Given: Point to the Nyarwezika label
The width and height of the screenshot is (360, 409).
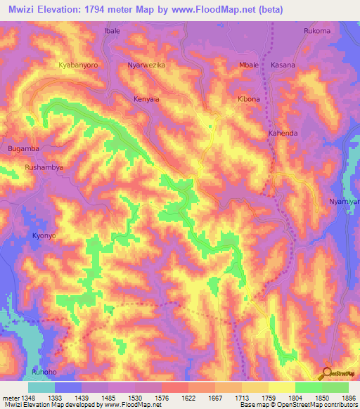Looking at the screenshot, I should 146,65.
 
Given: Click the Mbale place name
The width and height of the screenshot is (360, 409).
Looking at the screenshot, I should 250,65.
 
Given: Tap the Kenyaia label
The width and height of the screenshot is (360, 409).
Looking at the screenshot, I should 147,99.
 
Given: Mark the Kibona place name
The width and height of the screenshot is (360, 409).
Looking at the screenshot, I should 249,99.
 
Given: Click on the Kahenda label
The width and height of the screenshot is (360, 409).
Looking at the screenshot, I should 283,133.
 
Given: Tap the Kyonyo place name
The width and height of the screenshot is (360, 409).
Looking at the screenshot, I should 44,236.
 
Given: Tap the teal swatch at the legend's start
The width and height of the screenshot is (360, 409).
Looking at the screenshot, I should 41,387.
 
